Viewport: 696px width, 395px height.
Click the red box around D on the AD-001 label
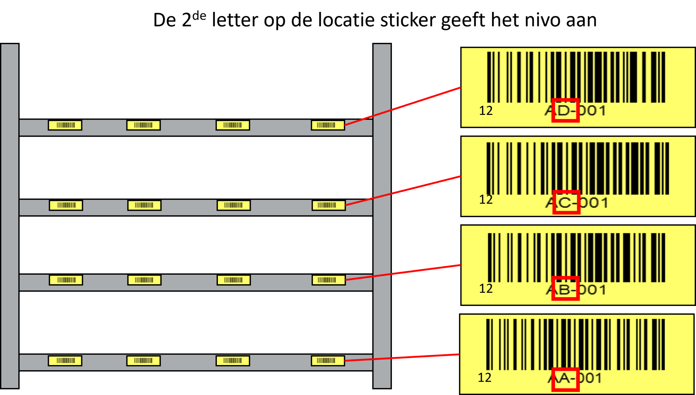coord(565,110)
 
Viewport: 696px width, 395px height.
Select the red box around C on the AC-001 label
coord(566,202)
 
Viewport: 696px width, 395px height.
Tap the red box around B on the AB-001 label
coord(565,289)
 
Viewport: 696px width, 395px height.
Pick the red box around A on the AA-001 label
coord(565,379)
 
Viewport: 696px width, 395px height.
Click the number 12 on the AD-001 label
coord(486,111)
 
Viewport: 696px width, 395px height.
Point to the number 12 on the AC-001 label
coord(486,200)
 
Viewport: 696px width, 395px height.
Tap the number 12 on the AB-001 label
coord(486,289)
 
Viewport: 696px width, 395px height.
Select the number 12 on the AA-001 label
coord(485,378)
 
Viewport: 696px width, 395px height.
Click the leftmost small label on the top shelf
coord(65,125)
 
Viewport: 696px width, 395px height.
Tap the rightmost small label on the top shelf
coord(328,125)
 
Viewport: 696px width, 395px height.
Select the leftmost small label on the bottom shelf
coord(65,361)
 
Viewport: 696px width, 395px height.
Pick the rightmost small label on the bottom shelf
coord(328,361)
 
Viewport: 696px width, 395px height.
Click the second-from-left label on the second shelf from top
coord(144,205)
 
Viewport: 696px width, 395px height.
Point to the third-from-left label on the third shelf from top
coord(234,280)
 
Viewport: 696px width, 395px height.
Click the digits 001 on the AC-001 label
coord(594,203)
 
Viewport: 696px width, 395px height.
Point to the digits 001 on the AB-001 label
coord(593,290)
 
